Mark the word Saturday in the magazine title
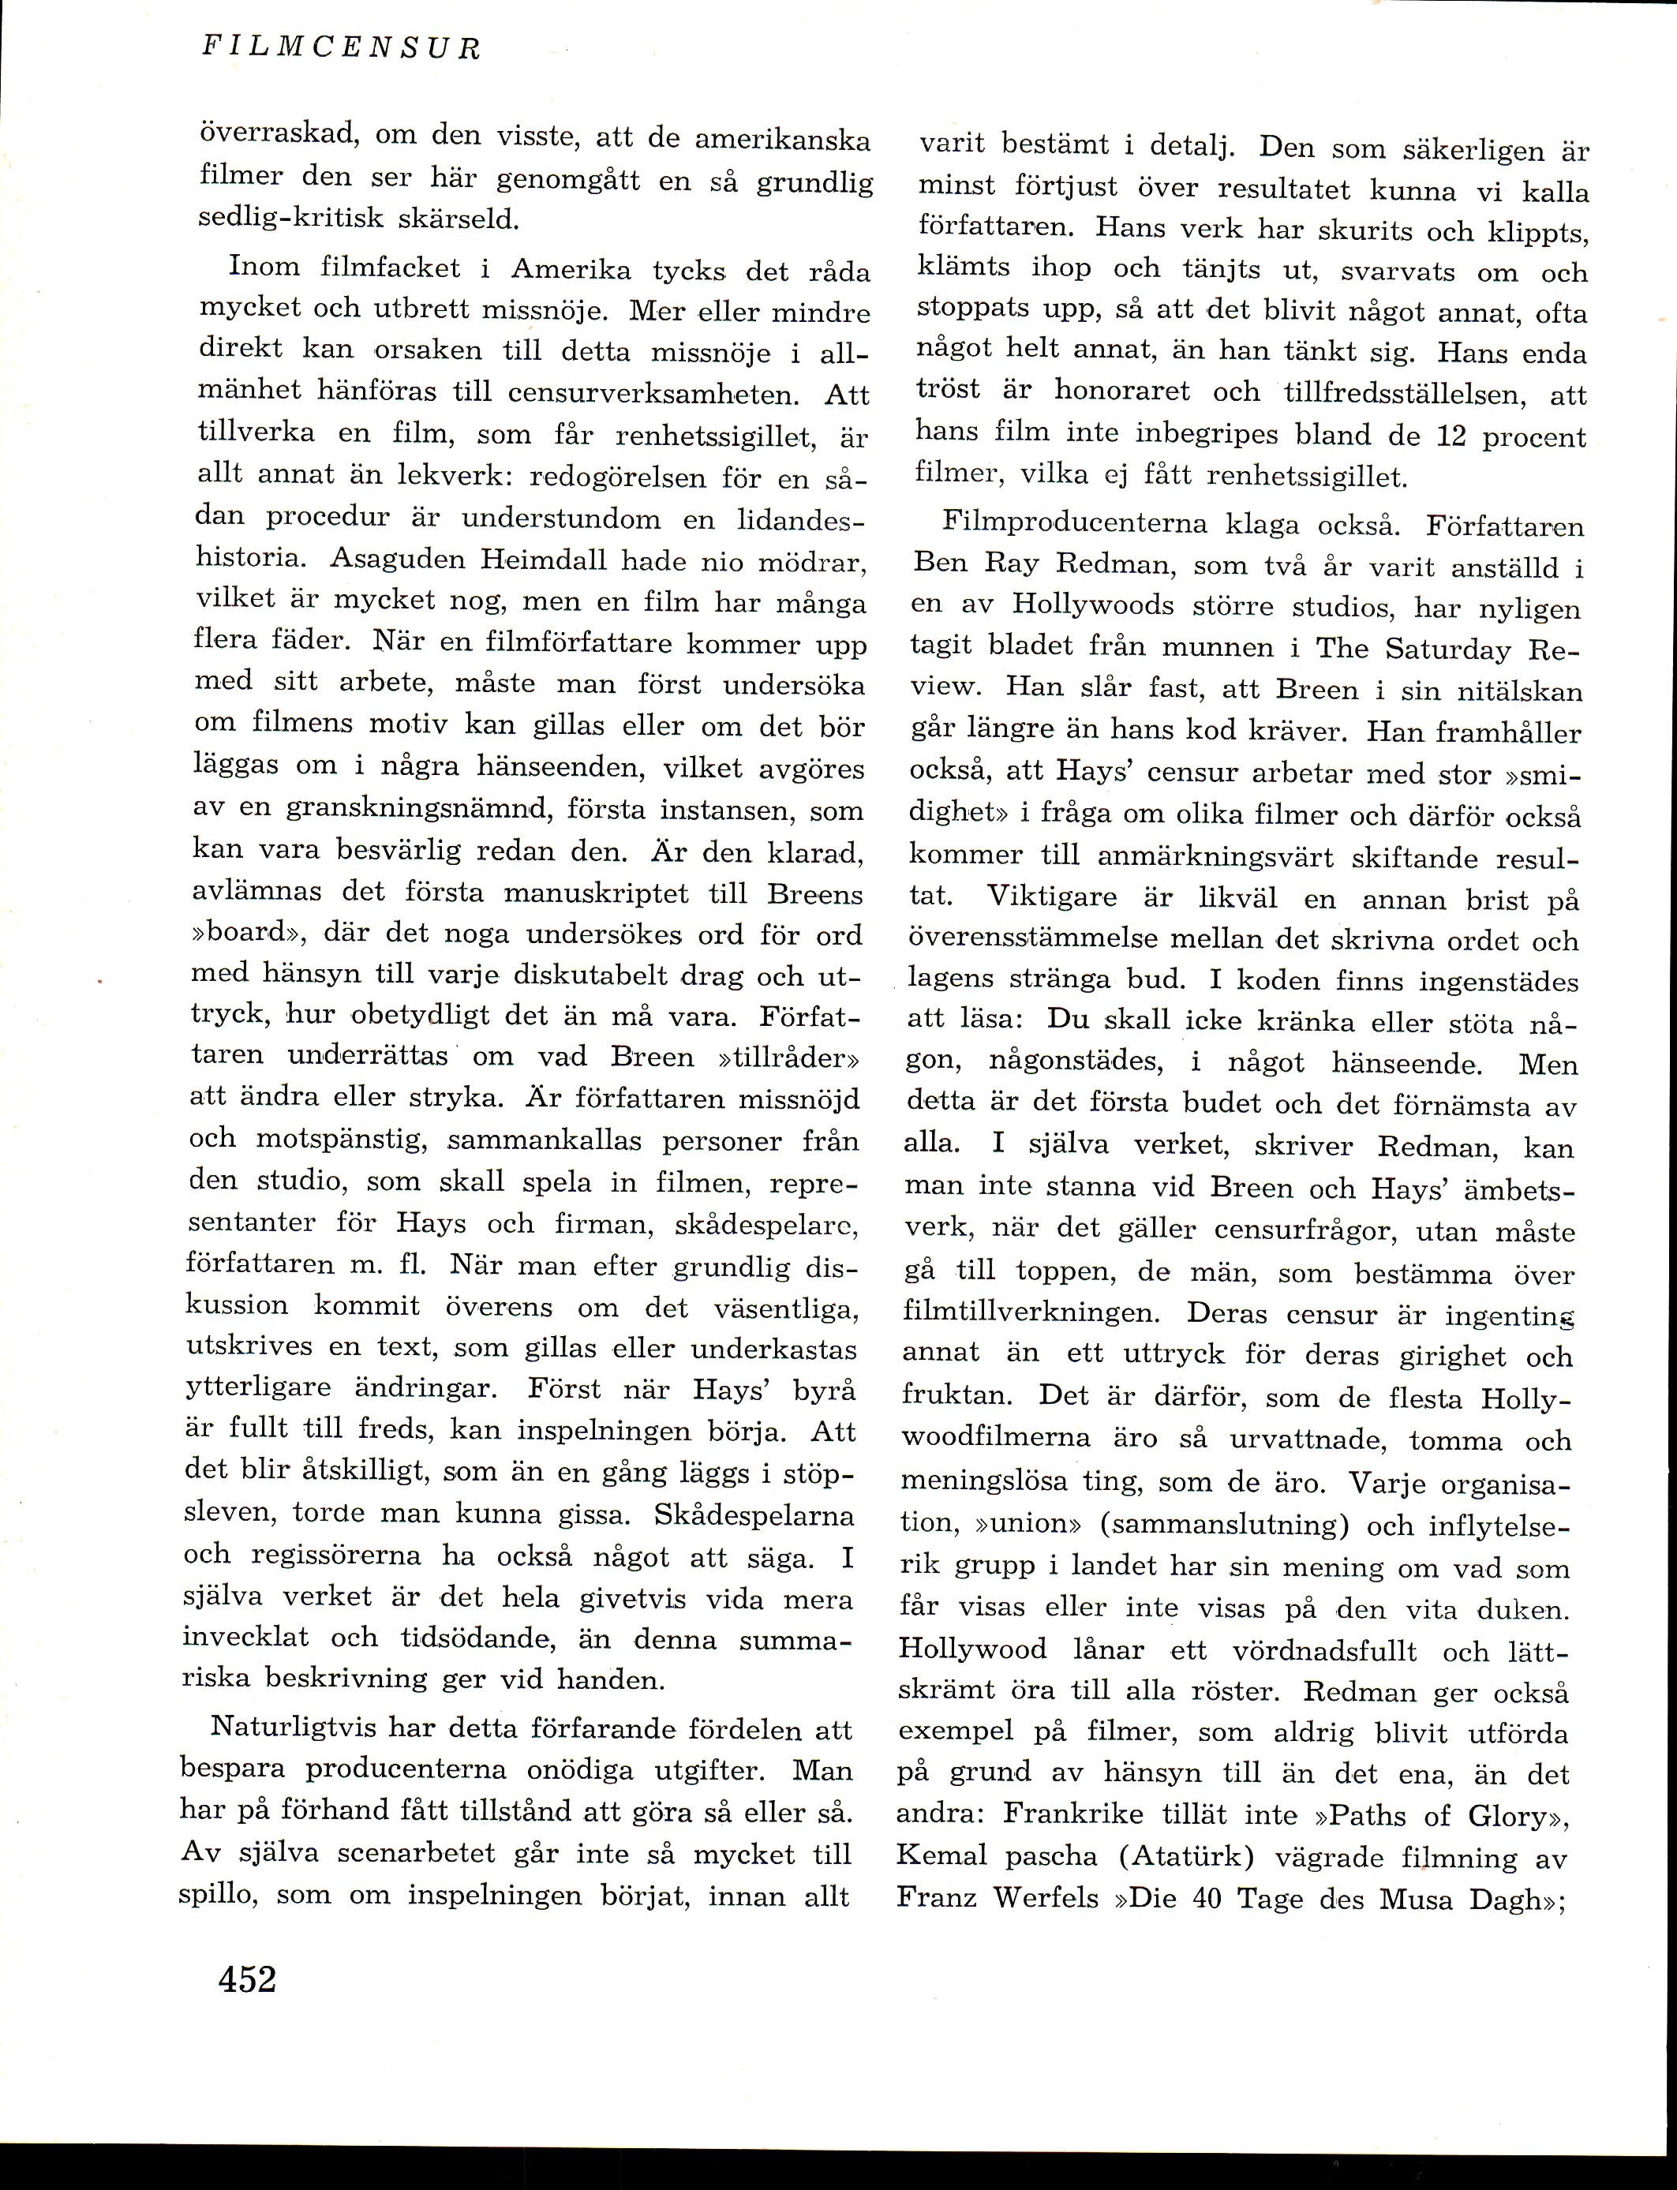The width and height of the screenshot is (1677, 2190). coord(1448,651)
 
